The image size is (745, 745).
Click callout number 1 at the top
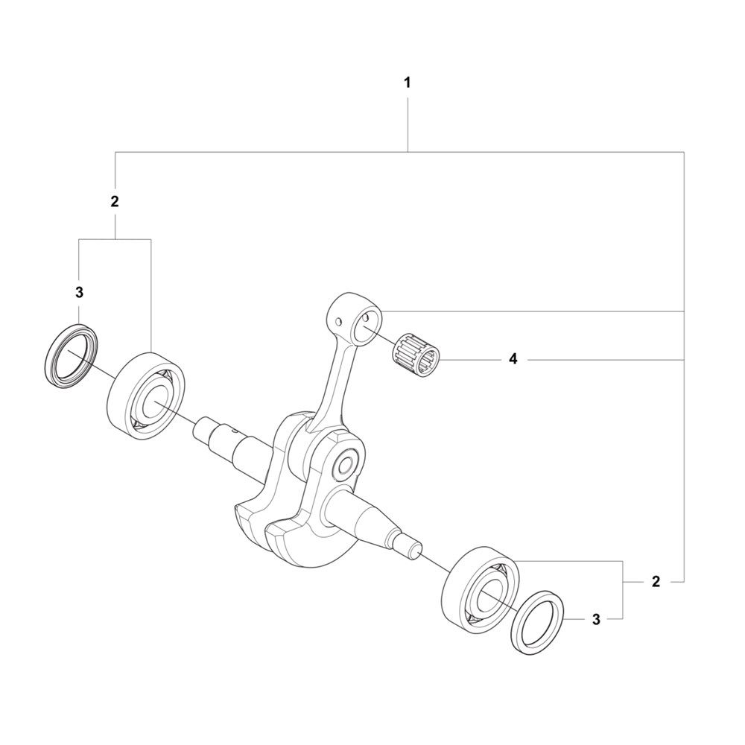pyautogui.click(x=407, y=83)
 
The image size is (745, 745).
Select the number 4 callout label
pyautogui.click(x=513, y=359)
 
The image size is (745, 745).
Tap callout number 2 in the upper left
pyautogui.click(x=115, y=201)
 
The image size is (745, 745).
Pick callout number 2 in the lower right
pyautogui.click(x=656, y=581)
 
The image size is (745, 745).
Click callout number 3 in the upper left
pyautogui.click(x=80, y=293)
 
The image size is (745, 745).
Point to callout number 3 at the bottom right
pyautogui.click(x=596, y=619)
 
